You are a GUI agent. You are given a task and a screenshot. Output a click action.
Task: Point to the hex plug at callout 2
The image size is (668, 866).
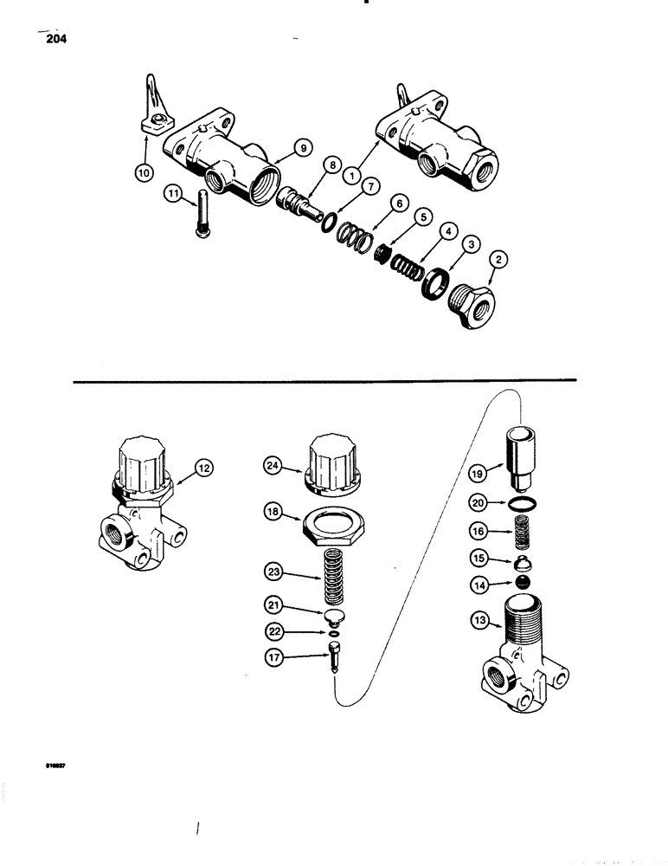click(471, 306)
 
